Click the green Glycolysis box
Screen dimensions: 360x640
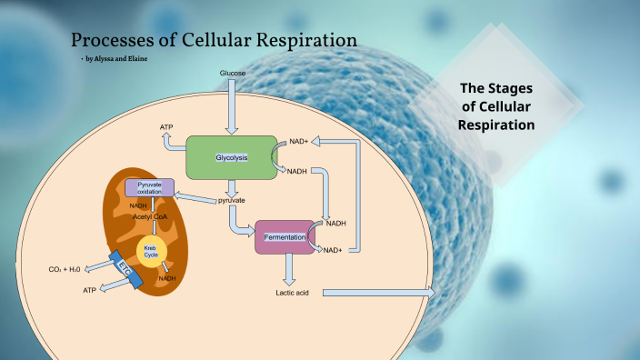pos(231,157)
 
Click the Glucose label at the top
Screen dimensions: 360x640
pos(233,72)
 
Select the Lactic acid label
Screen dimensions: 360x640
pos(293,293)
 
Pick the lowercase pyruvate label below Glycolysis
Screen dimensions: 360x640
pos(231,199)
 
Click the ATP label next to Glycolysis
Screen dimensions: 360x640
pos(166,128)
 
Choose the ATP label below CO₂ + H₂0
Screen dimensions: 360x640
pos(89,290)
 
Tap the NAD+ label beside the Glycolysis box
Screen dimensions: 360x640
pos(299,142)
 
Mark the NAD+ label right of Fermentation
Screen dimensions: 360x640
pos(333,250)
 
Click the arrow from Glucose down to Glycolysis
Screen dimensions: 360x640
pos(232,106)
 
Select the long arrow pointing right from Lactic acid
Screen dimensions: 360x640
pos(377,293)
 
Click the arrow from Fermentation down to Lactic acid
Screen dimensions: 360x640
pos(289,268)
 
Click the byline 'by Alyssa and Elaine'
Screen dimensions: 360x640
pos(115,58)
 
